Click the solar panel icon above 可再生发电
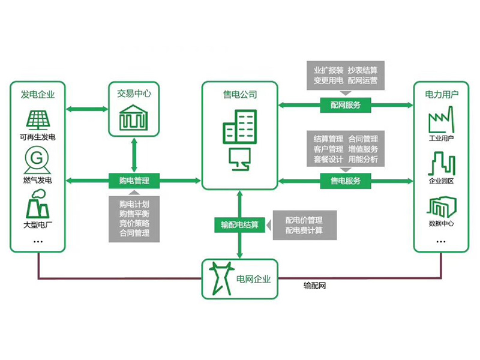(37, 120)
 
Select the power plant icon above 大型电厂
(37, 205)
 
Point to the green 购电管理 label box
(134, 180)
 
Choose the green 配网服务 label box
(346, 105)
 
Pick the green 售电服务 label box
(346, 180)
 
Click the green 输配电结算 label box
(240, 225)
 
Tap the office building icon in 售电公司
(240, 127)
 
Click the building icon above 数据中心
(441, 207)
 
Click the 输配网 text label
(314, 287)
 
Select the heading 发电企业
(37, 94)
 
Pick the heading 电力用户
(442, 94)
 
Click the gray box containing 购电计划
(134, 218)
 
